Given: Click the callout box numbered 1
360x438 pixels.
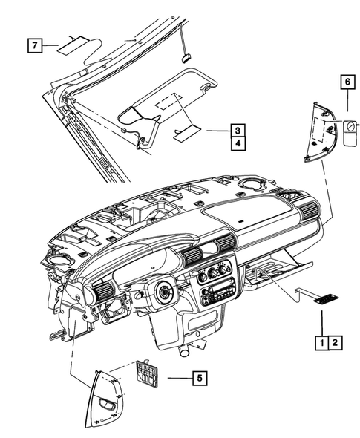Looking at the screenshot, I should click(321, 343).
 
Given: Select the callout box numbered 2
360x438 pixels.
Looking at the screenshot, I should click(335, 343).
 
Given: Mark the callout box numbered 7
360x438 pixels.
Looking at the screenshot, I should click(35, 45).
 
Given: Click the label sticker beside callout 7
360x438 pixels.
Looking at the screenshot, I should click(75, 42).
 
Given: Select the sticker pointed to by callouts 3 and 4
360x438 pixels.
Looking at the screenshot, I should click(186, 133).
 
